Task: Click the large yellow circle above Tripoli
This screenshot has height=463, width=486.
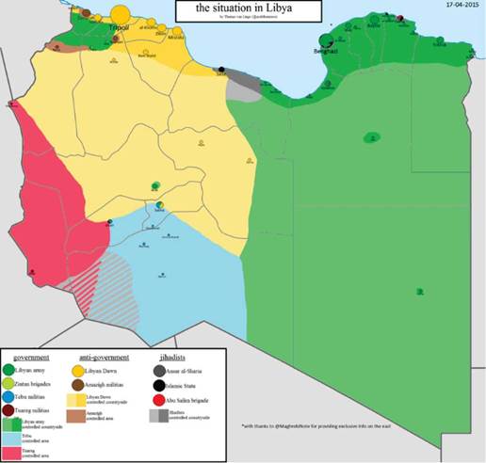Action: pyautogui.click(x=121, y=14)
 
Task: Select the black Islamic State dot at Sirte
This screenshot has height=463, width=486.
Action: pyautogui.click(x=222, y=70)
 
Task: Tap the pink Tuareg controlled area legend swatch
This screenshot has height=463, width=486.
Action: pyautogui.click(x=10, y=453)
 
